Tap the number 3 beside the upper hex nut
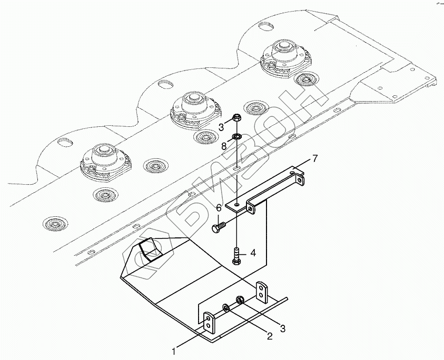222,127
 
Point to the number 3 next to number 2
283,329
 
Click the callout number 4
253,253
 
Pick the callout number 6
218,208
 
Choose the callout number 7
314,158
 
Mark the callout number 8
224,146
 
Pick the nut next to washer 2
239,300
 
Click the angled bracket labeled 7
269,192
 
